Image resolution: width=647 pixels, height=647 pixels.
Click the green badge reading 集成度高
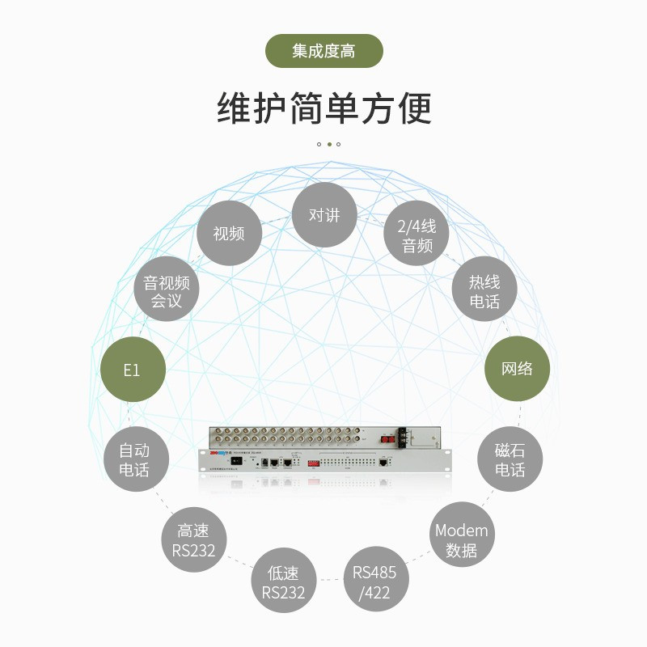tap(323, 51)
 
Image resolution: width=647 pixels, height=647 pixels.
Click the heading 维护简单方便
tap(323, 108)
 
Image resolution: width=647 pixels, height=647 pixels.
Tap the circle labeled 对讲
tap(324, 215)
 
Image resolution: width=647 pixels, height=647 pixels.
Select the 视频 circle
tap(229, 234)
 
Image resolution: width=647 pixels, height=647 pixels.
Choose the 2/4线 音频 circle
tap(417, 235)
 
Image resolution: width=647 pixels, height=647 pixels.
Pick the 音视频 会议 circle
tap(166, 291)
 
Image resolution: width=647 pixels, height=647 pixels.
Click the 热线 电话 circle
tap(484, 291)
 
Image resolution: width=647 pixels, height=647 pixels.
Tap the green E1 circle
tap(132, 370)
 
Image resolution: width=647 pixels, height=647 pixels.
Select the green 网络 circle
tap(517, 369)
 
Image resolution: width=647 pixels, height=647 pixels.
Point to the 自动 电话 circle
tap(134, 459)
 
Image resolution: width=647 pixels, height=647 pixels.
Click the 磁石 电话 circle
tap(510, 459)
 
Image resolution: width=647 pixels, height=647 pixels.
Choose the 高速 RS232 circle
tap(194, 540)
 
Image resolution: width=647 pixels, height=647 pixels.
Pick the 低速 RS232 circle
tap(283, 582)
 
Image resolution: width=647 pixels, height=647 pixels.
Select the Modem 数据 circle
tap(461, 540)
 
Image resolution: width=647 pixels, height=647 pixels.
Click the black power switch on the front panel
tap(235, 461)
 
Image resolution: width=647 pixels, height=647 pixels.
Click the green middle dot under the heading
tap(329, 145)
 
